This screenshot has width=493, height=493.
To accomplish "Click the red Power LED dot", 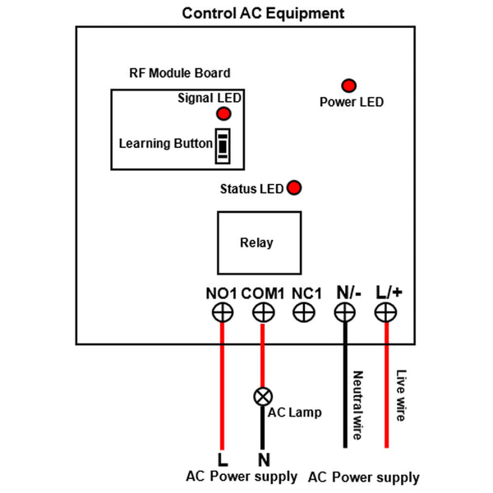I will click(x=349, y=85).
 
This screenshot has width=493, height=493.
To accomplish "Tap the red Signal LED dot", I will click(x=222, y=114).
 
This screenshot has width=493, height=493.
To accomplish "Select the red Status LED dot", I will click(x=293, y=188).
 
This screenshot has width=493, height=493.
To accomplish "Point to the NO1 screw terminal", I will click(x=222, y=312).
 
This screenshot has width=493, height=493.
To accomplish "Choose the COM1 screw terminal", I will click(x=263, y=312).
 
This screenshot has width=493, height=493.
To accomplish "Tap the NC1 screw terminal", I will click(x=304, y=312).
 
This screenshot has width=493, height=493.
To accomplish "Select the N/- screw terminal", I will click(x=345, y=312).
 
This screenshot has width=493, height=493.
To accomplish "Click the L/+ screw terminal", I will click(x=386, y=312).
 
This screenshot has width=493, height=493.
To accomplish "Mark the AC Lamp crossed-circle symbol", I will click(x=263, y=396).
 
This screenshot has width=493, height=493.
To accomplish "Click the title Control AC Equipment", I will click(x=263, y=13).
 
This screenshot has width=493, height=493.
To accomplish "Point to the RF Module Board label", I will click(x=180, y=73).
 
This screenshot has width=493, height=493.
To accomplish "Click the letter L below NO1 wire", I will click(x=222, y=458).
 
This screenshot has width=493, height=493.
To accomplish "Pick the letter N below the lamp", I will click(x=264, y=458).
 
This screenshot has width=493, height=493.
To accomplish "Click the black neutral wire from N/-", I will click(x=345, y=386).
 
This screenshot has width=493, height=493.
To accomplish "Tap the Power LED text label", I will click(x=351, y=103).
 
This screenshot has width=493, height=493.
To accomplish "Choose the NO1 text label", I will click(x=222, y=293).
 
